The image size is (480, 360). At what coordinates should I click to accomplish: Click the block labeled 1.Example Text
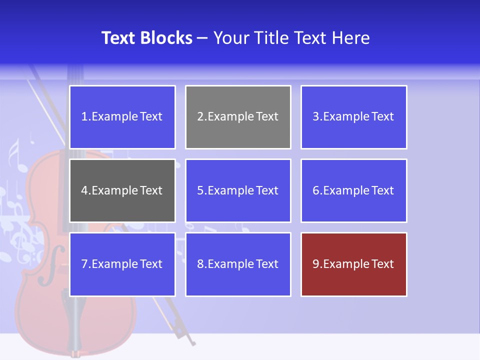coord(122,117)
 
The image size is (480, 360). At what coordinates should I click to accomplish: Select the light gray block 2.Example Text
coord(238,117)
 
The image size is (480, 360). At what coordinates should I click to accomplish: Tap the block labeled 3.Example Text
coord(353,117)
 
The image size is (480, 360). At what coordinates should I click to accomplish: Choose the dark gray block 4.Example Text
coord(122,190)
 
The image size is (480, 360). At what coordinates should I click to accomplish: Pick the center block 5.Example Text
coord(238,190)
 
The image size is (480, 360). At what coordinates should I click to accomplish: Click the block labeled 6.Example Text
coord(353,190)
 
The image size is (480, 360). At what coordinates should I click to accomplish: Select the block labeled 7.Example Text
coord(122,264)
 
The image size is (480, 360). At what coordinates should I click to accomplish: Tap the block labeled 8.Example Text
coord(238,264)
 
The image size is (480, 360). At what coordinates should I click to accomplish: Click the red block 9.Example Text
coord(353,264)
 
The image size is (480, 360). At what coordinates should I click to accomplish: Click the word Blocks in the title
coord(166,38)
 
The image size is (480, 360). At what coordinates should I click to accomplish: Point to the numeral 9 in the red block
coord(316,264)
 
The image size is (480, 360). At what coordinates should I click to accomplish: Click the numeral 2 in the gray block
coord(200,117)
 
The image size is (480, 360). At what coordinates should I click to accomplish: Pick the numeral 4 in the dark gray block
coord(84,190)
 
